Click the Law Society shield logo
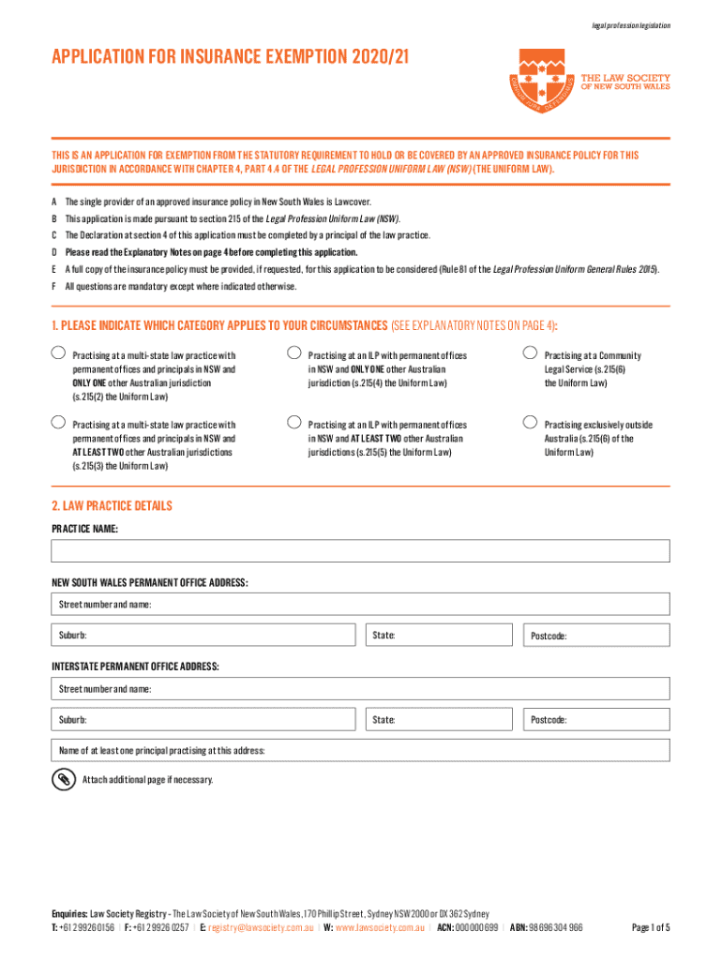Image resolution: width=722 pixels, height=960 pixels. tap(541, 85)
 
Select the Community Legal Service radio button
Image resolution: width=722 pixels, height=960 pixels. tap(530, 353)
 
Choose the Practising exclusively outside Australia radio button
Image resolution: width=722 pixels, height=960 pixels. tap(530, 422)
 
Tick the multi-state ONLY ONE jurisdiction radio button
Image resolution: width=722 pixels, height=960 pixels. tap(58, 353)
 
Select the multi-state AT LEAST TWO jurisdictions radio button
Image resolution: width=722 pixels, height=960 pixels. tap(58, 422)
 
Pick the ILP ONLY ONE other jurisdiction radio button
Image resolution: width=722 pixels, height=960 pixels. tap(293, 353)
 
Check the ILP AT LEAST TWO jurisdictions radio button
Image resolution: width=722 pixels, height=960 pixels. tap(293, 422)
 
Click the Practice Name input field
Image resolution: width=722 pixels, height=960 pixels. tap(360, 551)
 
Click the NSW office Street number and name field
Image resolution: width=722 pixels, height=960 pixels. tap(360, 604)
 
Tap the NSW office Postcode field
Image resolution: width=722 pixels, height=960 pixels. tap(595, 636)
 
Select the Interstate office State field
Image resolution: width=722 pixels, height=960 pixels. tap(440, 719)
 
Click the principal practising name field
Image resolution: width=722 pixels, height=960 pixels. tap(360, 750)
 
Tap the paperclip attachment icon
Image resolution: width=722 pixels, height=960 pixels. tap(63, 780)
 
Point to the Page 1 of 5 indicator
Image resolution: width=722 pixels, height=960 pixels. tap(651, 927)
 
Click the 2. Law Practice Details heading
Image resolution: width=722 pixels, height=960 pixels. tap(112, 505)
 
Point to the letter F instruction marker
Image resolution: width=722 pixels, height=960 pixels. tap(54, 286)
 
